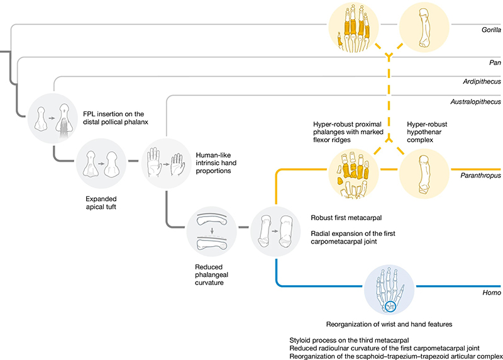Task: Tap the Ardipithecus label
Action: point(480,81)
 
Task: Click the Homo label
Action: point(491,292)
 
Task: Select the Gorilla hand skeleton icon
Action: point(353,28)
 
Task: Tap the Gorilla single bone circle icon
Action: point(425,28)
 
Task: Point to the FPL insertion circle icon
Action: point(53,116)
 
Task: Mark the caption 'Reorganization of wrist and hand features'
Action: point(389,325)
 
